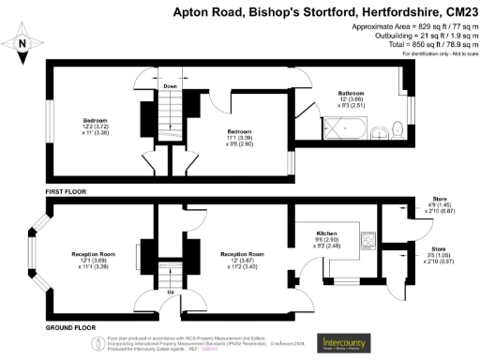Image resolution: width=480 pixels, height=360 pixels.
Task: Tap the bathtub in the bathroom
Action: click(x=332, y=130)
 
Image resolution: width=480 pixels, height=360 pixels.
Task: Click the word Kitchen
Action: click(x=326, y=231)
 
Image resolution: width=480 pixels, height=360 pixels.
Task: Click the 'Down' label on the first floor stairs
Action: click(x=170, y=87)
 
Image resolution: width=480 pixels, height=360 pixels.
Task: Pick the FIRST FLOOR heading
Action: click(x=69, y=190)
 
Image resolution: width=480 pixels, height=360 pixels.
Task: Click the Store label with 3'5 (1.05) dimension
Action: click(x=433, y=249)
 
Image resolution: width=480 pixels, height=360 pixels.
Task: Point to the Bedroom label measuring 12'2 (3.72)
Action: click(x=95, y=121)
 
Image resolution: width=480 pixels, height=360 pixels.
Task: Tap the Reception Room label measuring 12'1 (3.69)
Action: click(x=94, y=254)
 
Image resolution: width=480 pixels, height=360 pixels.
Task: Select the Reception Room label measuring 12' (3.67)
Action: click(x=242, y=254)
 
